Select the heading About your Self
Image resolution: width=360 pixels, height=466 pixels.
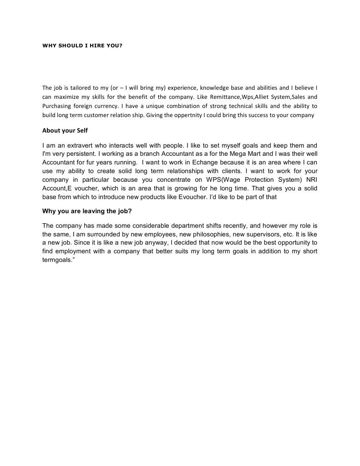[x=65, y=131]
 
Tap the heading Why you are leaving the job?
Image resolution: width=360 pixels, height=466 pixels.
[x=87, y=211]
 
